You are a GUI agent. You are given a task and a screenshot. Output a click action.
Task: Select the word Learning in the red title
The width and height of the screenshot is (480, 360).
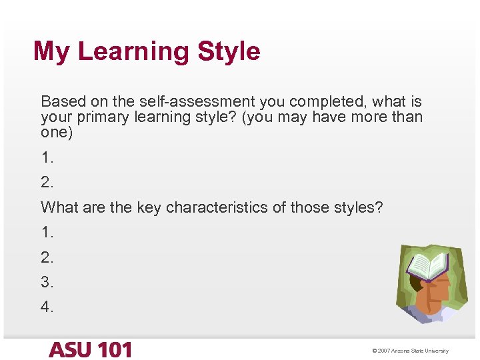tap(133, 51)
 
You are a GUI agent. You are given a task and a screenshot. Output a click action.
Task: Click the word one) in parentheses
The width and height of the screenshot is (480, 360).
tap(57, 132)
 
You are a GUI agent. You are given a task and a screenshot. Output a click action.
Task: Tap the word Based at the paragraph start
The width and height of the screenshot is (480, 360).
tap(59, 102)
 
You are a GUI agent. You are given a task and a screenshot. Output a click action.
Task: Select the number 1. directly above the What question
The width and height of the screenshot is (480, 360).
tap(47, 158)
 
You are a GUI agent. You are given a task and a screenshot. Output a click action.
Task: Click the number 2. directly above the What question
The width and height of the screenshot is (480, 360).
tap(47, 183)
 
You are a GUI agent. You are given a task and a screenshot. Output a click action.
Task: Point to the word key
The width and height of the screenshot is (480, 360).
tap(149, 207)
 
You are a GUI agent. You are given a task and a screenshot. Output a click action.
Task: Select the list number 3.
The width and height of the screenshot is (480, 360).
tap(47, 282)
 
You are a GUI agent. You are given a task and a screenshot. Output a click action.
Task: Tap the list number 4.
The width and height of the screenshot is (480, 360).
tap(47, 307)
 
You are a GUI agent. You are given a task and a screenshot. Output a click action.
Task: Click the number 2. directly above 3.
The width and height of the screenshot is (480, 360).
tap(47, 257)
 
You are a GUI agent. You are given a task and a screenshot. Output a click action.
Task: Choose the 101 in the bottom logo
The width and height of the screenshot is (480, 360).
tap(114, 350)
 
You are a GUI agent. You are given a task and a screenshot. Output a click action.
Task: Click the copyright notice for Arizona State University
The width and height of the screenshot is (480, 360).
tap(410, 351)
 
